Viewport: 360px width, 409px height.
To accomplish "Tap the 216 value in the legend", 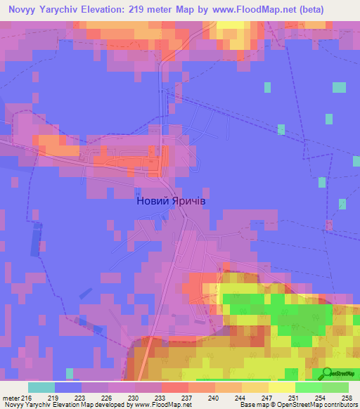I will pyautogui.click(x=27, y=397).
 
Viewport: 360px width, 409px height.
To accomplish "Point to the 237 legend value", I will pyautogui.click(x=188, y=397).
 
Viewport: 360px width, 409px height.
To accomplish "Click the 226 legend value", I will pyautogui.click(x=108, y=397).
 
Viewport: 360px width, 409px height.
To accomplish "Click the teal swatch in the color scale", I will pyautogui.click(x=41, y=387).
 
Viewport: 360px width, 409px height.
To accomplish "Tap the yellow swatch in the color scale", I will pyautogui.click(x=281, y=387).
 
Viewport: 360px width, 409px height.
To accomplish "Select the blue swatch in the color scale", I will pyautogui.click(x=68, y=387).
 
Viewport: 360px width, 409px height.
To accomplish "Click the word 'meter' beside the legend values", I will pyautogui.click(x=10, y=397).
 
